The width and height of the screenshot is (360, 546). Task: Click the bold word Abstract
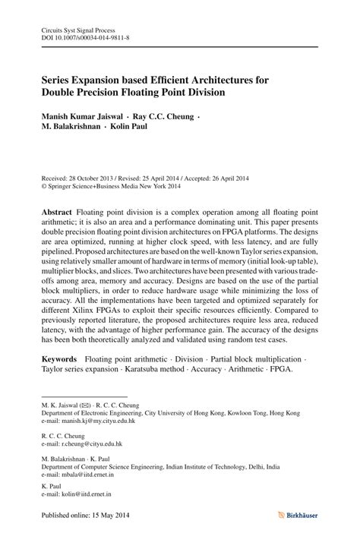pos(58,209)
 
